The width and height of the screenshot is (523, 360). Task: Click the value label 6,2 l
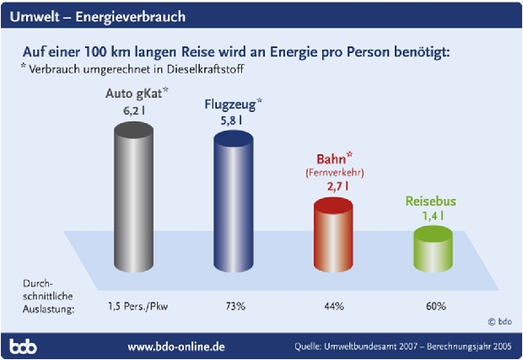tap(135, 109)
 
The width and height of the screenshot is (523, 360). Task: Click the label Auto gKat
tap(132, 94)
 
